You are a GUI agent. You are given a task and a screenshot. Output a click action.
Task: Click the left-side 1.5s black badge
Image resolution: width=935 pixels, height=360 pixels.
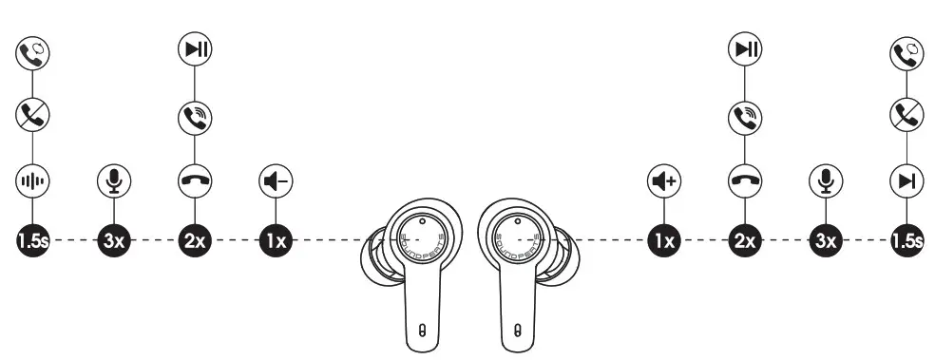(32, 241)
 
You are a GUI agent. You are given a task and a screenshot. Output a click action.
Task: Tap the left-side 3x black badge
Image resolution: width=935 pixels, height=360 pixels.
(114, 241)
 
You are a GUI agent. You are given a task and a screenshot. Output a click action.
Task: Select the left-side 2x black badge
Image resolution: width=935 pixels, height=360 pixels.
(195, 241)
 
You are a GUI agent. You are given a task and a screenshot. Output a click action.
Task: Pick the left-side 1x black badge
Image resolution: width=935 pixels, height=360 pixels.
(276, 241)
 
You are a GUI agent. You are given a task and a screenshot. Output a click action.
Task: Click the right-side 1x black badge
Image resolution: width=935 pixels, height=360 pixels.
(664, 241)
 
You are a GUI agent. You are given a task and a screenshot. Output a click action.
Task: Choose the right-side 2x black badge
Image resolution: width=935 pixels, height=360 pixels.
(745, 241)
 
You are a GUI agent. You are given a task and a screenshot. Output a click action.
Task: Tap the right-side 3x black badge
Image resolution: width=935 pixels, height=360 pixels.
(826, 241)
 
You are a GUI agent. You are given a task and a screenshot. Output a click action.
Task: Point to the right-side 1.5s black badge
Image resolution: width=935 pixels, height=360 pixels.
(906, 241)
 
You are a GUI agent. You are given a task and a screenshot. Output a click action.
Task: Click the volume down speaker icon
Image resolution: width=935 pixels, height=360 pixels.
(276, 179)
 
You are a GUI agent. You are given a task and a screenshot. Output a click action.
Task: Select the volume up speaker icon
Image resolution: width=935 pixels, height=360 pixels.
(664, 179)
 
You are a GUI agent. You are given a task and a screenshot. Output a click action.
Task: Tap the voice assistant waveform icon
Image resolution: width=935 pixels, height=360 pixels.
(32, 179)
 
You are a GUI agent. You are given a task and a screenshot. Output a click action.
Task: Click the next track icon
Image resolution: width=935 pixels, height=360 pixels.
(906, 179)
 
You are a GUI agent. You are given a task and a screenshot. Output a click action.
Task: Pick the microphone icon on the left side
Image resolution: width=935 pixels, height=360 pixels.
(114, 179)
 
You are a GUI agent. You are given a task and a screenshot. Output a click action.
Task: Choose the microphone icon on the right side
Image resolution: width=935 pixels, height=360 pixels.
(826, 179)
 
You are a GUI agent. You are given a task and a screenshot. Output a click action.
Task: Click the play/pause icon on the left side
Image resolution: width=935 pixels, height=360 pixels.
(195, 49)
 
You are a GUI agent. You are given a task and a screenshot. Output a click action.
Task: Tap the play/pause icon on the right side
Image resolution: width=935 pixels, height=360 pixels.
(745, 49)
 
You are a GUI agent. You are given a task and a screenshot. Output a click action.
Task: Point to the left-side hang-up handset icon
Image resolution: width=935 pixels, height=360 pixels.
(195, 179)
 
